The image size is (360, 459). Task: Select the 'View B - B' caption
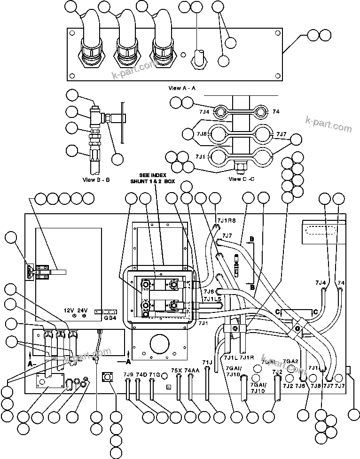(x=96, y=179)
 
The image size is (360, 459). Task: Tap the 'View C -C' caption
(x=242, y=179)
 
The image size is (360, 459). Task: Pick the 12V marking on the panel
(x=70, y=311)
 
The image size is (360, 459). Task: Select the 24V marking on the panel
(x=83, y=311)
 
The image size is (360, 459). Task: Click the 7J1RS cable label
(x=226, y=221)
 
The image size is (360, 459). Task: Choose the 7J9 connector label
(x=128, y=374)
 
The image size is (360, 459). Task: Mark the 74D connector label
(x=141, y=374)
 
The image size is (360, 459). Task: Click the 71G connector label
(x=154, y=374)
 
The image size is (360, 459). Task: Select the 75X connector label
(x=177, y=371)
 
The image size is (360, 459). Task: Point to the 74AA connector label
(x=192, y=371)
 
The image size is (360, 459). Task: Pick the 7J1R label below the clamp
(x=247, y=358)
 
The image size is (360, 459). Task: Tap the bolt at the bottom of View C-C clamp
(x=239, y=166)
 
